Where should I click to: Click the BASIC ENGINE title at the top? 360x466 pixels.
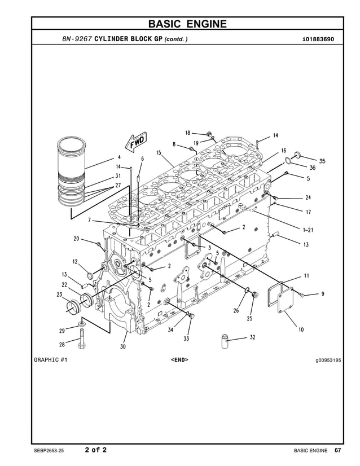[187, 24]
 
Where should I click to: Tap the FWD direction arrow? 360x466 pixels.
[137, 142]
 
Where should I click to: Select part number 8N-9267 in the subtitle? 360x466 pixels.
[77, 39]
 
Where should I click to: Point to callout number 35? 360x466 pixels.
[322, 161]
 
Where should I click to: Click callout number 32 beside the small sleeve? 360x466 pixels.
[252, 337]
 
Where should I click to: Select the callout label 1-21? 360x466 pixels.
[309, 230]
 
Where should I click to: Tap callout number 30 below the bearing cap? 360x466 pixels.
[122, 346]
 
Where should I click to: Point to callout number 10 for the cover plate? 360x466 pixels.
[301, 329]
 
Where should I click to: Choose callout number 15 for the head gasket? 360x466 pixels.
[159, 152]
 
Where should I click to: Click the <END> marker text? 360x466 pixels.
[179, 359]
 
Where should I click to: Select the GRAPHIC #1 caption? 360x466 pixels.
[51, 359]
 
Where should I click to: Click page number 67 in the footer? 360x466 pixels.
[337, 450]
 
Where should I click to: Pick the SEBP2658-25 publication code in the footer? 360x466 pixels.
[52, 450]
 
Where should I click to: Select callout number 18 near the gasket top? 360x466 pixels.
[187, 133]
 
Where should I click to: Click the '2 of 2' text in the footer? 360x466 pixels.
[95, 450]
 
